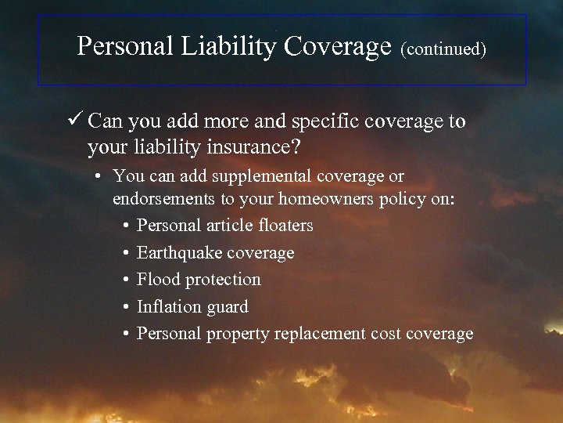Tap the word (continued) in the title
[443, 49]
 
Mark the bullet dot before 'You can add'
[102, 177]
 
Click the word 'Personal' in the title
[127, 46]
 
